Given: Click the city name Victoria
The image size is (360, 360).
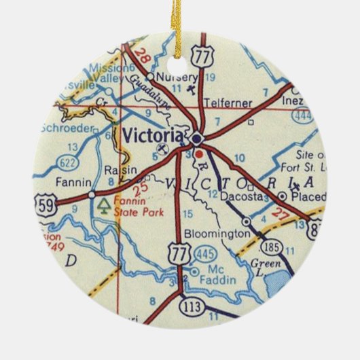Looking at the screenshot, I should [153, 133].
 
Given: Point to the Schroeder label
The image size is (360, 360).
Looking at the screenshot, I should [66, 127].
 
